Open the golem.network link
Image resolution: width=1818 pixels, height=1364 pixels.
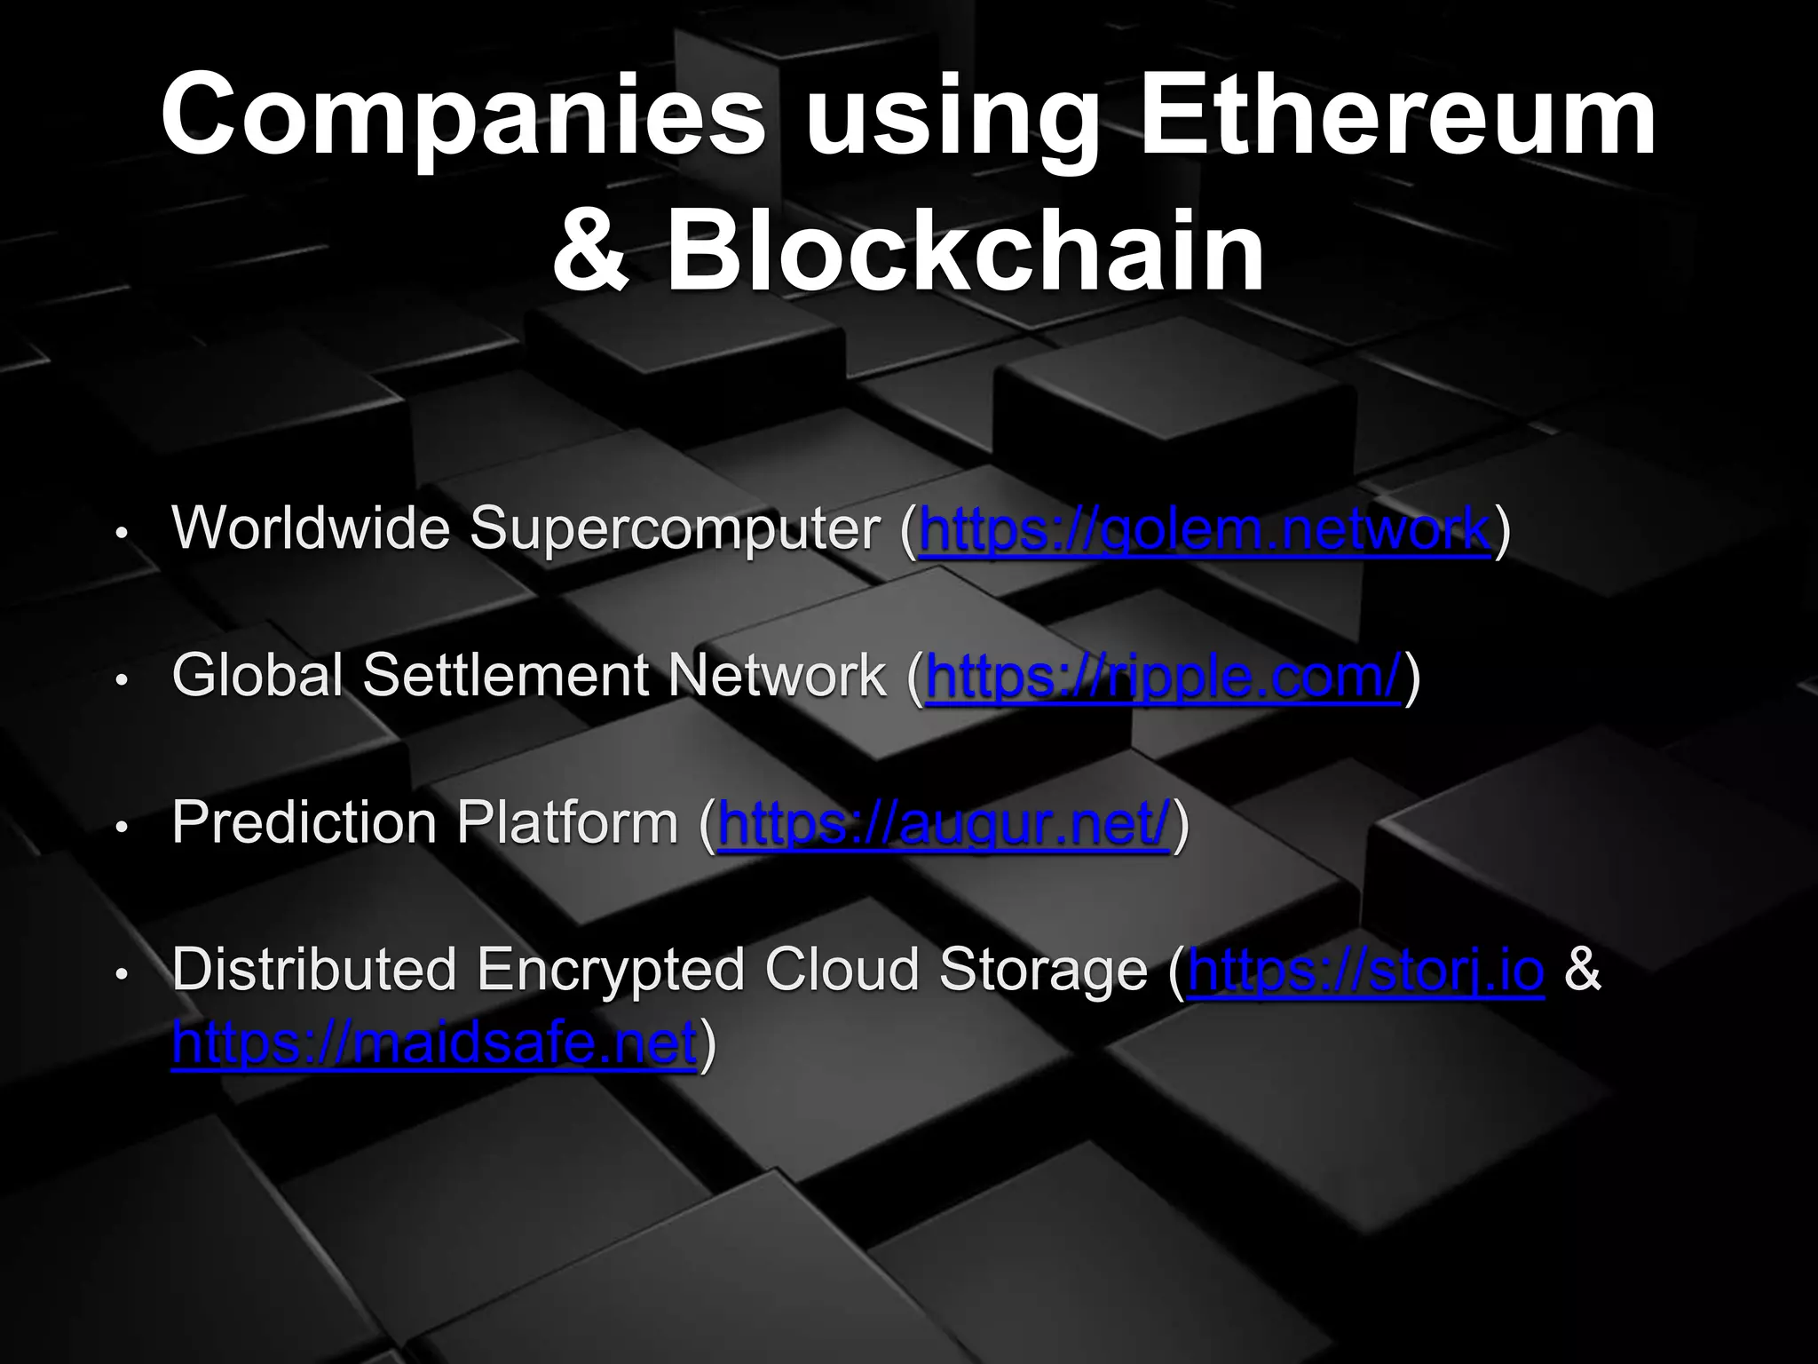1205,530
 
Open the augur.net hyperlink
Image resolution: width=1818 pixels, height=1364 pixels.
943,824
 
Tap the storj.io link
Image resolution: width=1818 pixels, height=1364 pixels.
1365,971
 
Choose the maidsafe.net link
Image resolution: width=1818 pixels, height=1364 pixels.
434,1043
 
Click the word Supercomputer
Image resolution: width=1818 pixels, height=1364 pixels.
675,530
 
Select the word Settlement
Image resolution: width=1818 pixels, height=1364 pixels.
507,676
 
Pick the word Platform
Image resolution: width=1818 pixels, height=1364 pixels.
567,823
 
